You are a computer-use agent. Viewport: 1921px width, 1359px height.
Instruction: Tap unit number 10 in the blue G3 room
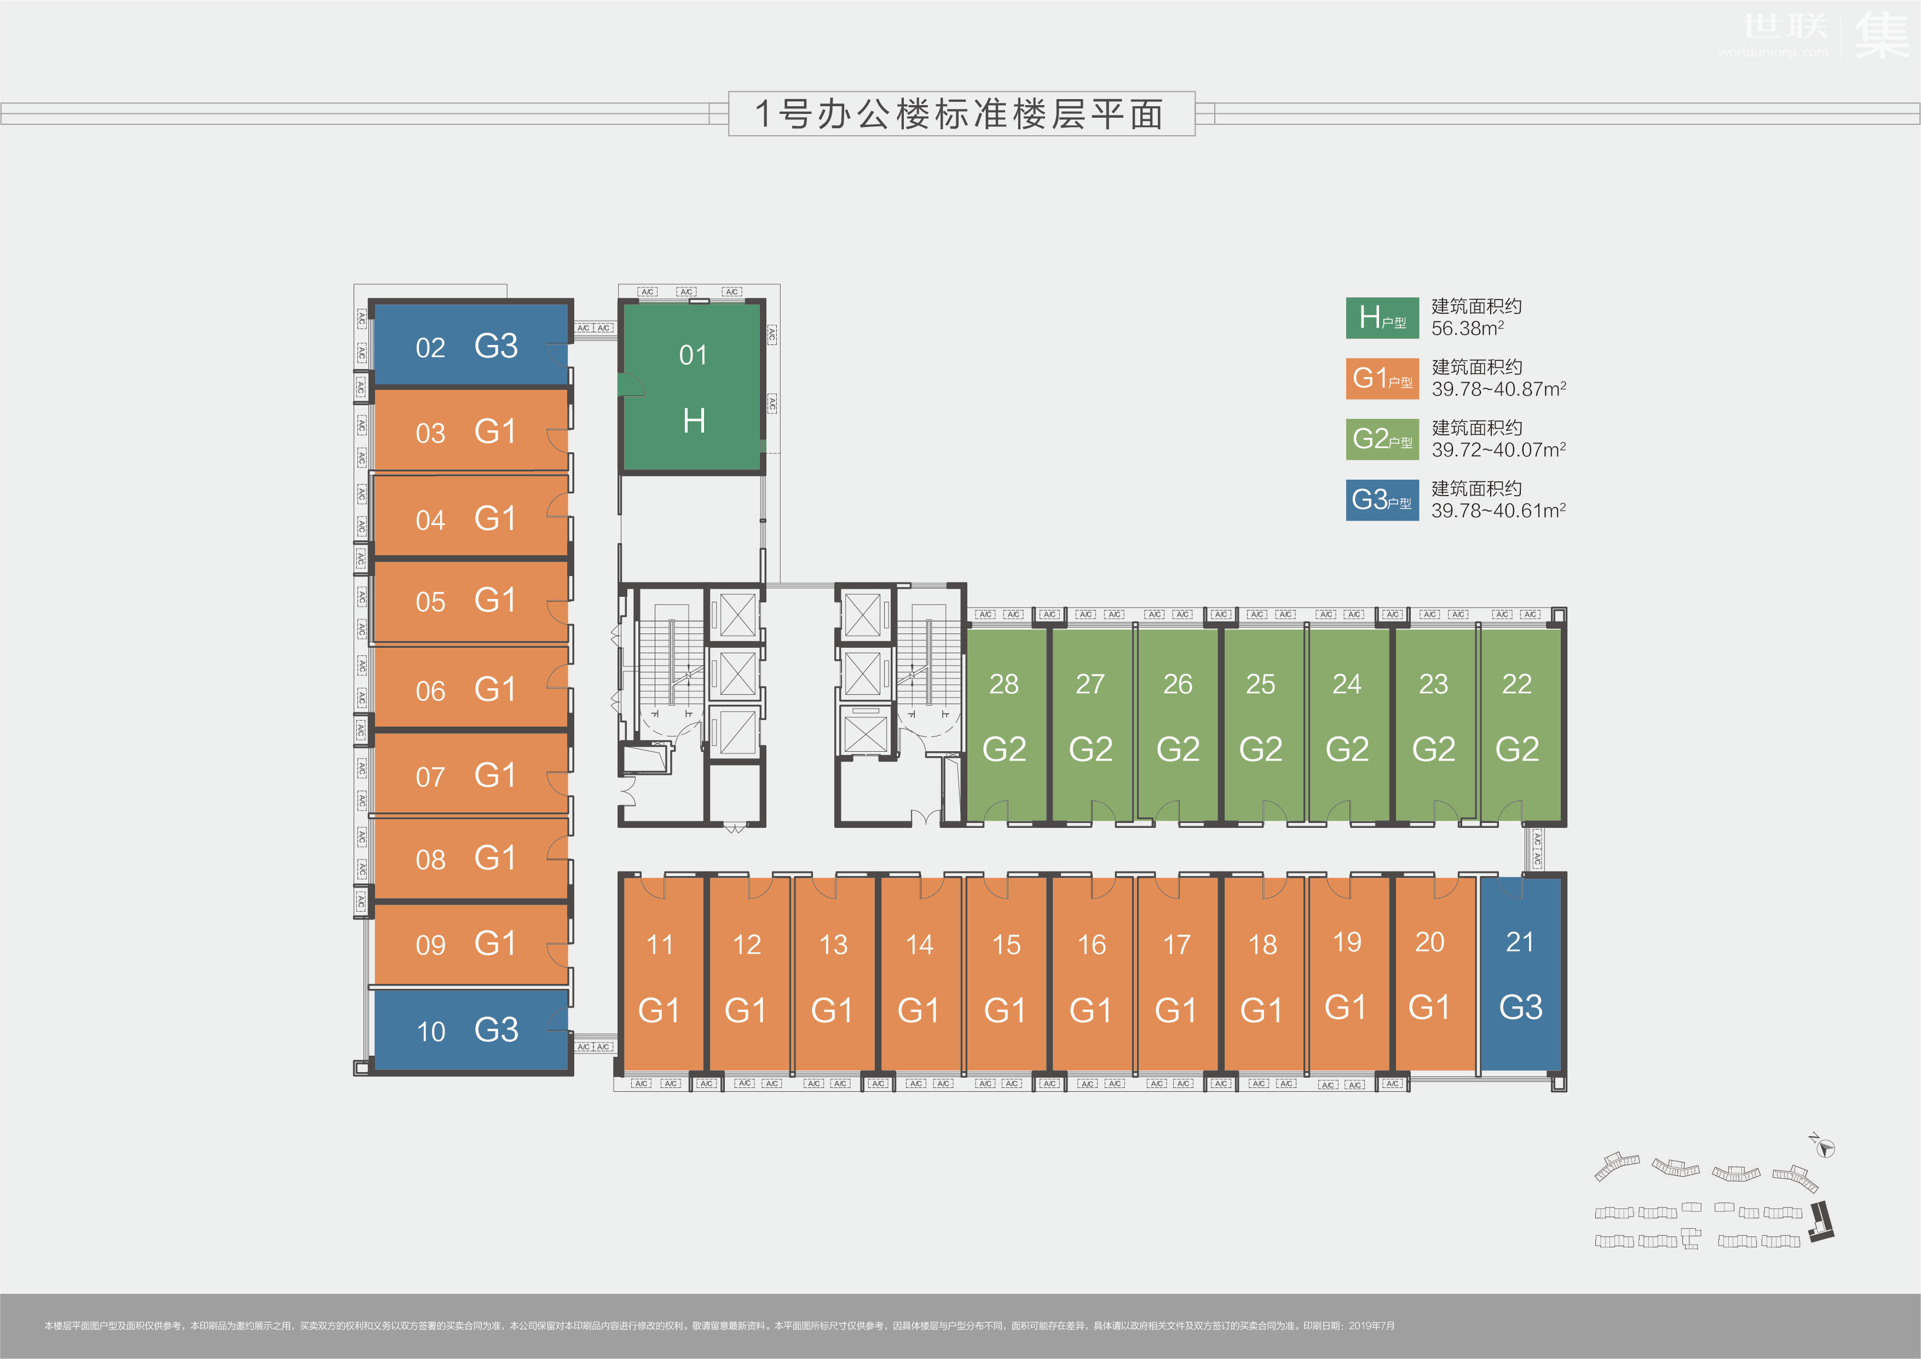431,1031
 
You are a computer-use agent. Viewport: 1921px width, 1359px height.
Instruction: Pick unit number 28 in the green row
1004,684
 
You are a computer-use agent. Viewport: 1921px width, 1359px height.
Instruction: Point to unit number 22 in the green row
1516,684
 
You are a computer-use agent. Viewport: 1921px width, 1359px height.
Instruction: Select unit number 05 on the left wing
430,602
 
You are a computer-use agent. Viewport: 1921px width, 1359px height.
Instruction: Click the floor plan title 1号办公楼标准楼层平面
960,114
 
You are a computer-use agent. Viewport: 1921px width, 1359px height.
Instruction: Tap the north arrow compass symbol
1825,1148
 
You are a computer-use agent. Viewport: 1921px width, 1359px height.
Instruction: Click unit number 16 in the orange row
1092,945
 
